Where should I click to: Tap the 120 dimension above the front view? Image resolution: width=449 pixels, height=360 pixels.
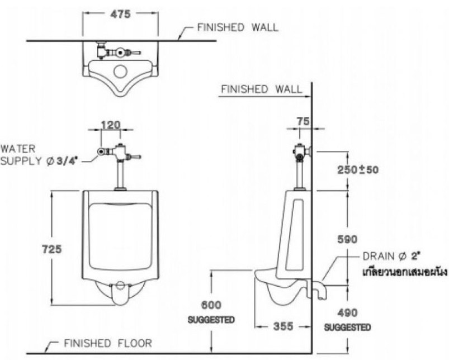pos(112,125)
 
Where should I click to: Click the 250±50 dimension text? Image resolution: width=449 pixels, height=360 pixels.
pos(354,169)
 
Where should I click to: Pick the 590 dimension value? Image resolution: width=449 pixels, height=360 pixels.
pos(347,239)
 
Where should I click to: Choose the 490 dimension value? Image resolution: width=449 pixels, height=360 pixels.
pos(347,313)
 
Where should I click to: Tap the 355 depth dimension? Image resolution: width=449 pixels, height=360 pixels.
pos(283,326)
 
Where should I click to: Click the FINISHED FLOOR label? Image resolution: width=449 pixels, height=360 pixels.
pos(107,343)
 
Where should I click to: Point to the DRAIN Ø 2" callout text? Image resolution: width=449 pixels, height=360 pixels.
pos(391,256)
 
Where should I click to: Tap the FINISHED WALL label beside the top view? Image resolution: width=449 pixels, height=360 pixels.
pos(237,27)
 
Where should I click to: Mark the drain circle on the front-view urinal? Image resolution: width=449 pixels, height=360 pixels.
pos(120,286)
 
